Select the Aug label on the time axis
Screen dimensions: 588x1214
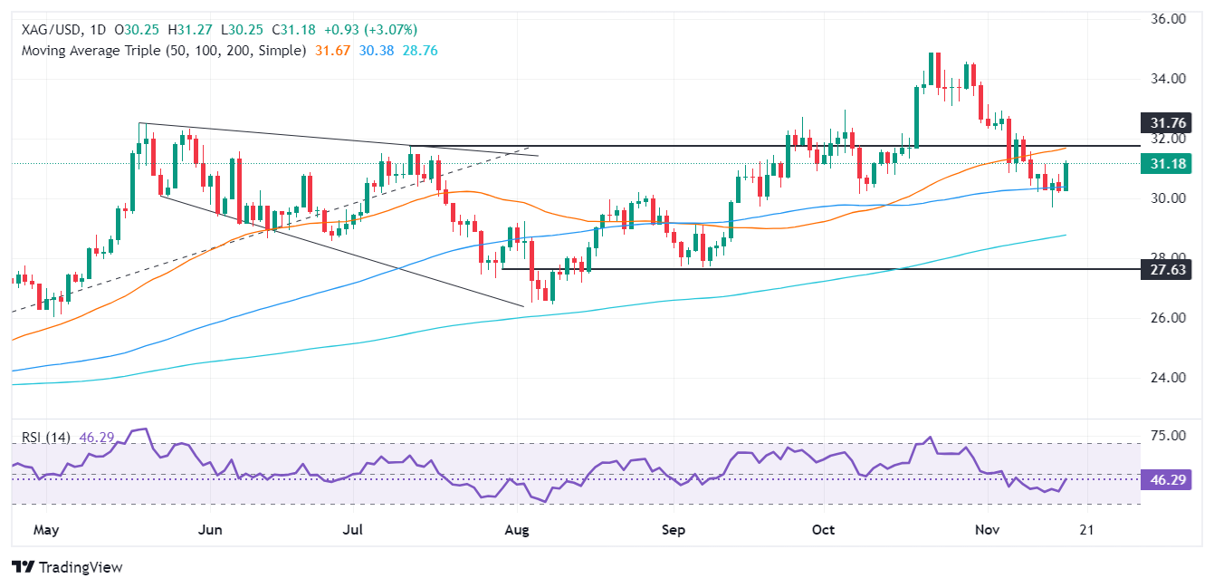(x=516, y=529)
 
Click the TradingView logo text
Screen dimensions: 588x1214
(x=68, y=567)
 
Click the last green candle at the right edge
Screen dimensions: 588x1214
(x=1066, y=177)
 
